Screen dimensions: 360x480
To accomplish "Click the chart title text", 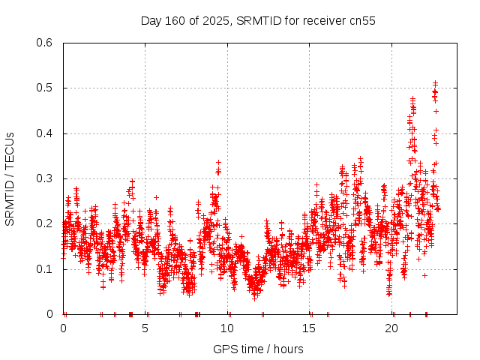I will (258, 20).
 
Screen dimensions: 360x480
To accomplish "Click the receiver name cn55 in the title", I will (361, 20).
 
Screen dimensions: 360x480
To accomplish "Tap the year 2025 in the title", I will (215, 20).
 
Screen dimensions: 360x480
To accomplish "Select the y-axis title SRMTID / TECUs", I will (10, 178).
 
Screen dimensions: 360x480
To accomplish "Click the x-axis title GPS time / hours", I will (258, 349).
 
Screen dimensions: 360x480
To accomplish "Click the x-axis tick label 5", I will (145, 328).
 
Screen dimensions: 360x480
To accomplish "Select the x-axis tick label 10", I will (227, 328).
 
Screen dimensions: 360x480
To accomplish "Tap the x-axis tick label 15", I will (309, 328).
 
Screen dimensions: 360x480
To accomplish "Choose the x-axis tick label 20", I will (391, 328).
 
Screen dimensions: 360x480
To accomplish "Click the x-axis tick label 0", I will (63, 328).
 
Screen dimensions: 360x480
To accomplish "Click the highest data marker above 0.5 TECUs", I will (435, 83).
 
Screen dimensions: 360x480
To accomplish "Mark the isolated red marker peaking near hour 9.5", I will (218, 162).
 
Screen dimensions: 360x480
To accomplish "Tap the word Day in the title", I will (151, 20).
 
